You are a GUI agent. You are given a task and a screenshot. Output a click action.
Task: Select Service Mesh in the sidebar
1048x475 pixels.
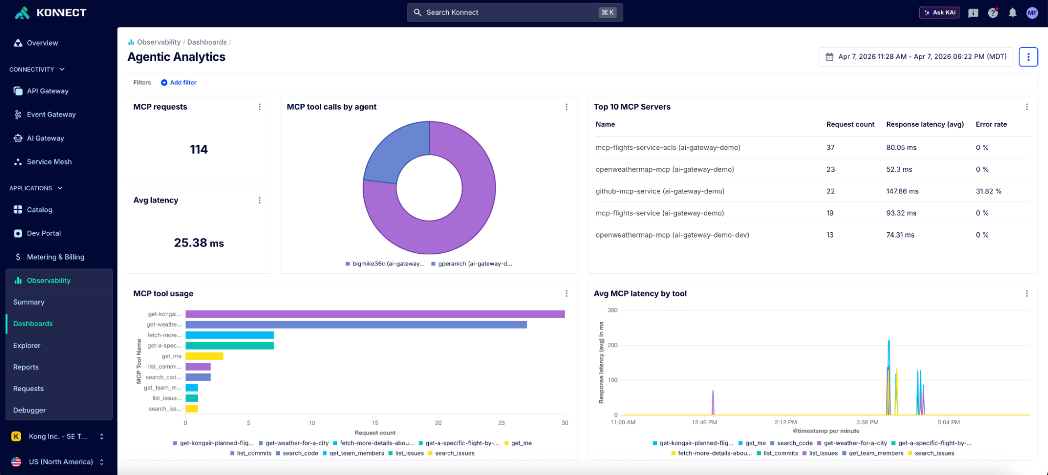[x=49, y=162]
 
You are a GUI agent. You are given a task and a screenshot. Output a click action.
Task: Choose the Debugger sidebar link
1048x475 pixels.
[x=29, y=411]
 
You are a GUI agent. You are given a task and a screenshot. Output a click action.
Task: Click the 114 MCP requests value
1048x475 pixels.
[x=199, y=150]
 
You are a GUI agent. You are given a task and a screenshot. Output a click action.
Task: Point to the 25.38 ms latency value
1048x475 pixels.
[x=199, y=243]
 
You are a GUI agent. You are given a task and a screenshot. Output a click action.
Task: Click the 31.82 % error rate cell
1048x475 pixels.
[x=988, y=191]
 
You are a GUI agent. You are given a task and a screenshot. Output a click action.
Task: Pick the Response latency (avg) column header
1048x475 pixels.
[x=925, y=125]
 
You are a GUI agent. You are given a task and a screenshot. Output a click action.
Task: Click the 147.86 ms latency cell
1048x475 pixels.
[x=902, y=191]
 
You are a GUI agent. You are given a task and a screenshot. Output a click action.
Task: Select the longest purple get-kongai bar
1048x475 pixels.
[x=375, y=314]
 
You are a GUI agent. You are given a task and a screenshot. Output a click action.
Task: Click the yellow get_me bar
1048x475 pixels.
[x=204, y=357]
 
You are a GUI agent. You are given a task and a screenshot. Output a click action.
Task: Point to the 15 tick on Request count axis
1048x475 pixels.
[x=375, y=423]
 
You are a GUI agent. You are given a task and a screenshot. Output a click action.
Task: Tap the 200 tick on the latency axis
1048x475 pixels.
[x=612, y=346]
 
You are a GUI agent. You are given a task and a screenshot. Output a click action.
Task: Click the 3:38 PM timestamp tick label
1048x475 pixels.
[x=867, y=423]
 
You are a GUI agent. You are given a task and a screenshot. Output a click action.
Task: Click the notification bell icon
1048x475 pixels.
[x=1012, y=13]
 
